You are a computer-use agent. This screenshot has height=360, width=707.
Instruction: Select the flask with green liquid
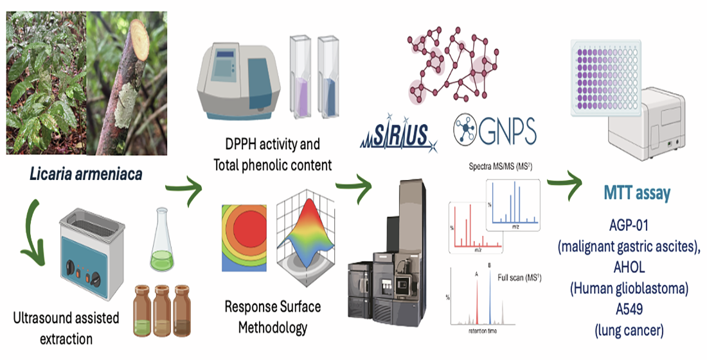pos(164,251)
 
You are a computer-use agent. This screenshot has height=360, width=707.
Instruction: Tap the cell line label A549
pos(629,310)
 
